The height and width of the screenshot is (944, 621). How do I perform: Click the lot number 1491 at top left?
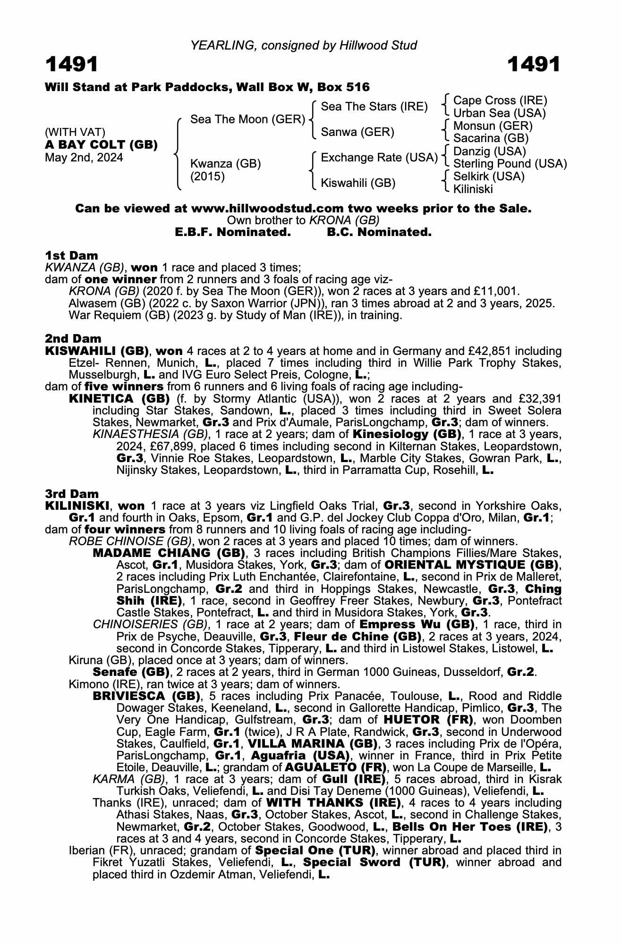[72, 65]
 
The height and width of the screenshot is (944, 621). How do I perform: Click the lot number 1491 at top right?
[534, 65]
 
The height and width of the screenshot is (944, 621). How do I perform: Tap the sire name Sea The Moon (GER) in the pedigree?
[247, 119]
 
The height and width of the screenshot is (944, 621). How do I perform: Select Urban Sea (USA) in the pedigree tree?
[499, 113]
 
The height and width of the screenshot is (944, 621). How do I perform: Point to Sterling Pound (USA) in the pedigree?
[510, 164]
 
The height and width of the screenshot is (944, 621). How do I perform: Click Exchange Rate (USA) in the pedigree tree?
[379, 158]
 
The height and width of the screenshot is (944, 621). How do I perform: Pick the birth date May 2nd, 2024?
[84, 158]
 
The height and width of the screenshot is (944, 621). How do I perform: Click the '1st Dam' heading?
[71, 256]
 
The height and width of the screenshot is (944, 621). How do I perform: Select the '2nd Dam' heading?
[73, 338]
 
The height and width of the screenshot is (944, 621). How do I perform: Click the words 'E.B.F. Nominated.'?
[233, 232]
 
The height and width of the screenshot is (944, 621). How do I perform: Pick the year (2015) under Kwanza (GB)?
[207, 177]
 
